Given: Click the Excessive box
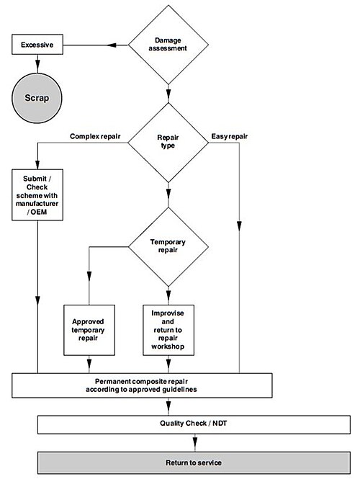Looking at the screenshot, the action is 37,45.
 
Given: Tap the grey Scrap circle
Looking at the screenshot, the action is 37,98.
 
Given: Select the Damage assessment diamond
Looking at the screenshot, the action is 168,45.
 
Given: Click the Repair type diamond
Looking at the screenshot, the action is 168,142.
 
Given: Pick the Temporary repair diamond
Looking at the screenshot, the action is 168,246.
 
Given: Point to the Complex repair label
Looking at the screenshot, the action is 95,136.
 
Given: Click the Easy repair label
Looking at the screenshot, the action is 230,136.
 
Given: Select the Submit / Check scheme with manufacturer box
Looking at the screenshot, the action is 37,195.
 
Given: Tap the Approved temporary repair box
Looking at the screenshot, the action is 89,330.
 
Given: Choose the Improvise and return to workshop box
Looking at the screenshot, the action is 168,330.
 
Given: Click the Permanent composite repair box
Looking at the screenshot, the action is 142,385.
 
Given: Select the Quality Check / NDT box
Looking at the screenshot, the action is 194,424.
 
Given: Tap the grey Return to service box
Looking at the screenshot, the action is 194,463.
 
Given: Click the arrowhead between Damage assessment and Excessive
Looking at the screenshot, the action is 112,45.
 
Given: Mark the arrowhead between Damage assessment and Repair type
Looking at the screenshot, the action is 168,94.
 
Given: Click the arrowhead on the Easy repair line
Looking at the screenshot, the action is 239,225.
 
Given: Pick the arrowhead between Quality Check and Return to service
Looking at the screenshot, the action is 194,442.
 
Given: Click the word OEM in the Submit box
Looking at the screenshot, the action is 38,212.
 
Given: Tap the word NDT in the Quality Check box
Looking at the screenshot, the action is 220,423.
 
